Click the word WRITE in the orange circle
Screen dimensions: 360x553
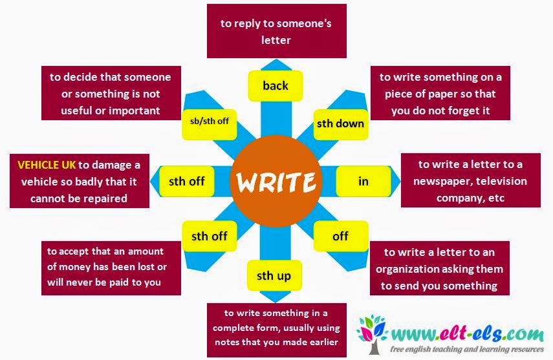[276, 182]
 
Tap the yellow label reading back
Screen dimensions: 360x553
[276, 86]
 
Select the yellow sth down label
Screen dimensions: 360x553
[340, 123]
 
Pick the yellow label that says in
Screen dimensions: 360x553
[363, 181]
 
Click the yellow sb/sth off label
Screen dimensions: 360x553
[210, 120]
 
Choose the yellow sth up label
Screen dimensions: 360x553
[274, 276]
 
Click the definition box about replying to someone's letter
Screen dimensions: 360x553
[277, 31]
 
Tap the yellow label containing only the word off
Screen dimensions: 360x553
[340, 236]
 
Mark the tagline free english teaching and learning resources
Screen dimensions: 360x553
[461, 349]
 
